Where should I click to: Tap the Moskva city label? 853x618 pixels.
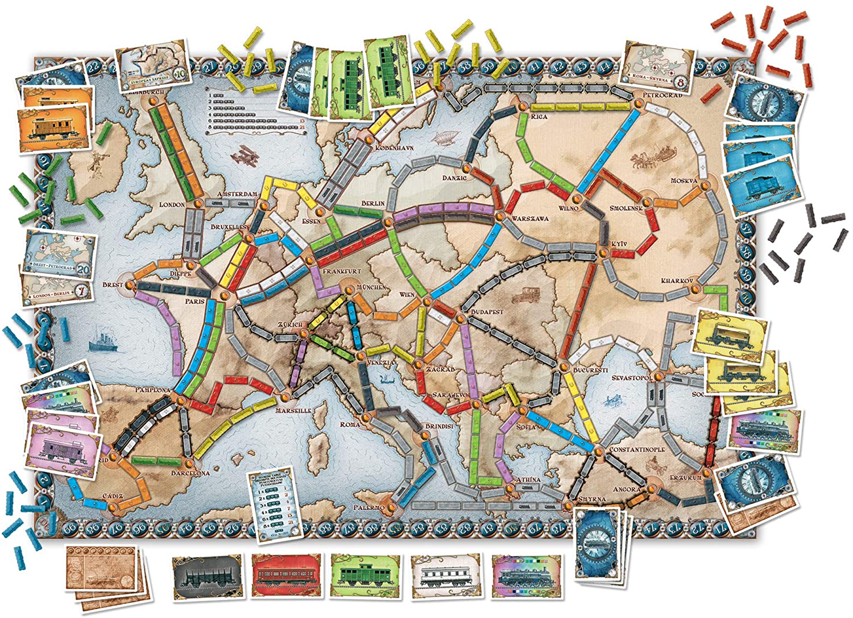(684, 181)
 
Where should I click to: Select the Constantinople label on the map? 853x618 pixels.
(637, 450)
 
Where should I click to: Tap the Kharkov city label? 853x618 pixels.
(677, 281)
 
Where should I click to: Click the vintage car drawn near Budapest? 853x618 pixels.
(521, 295)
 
